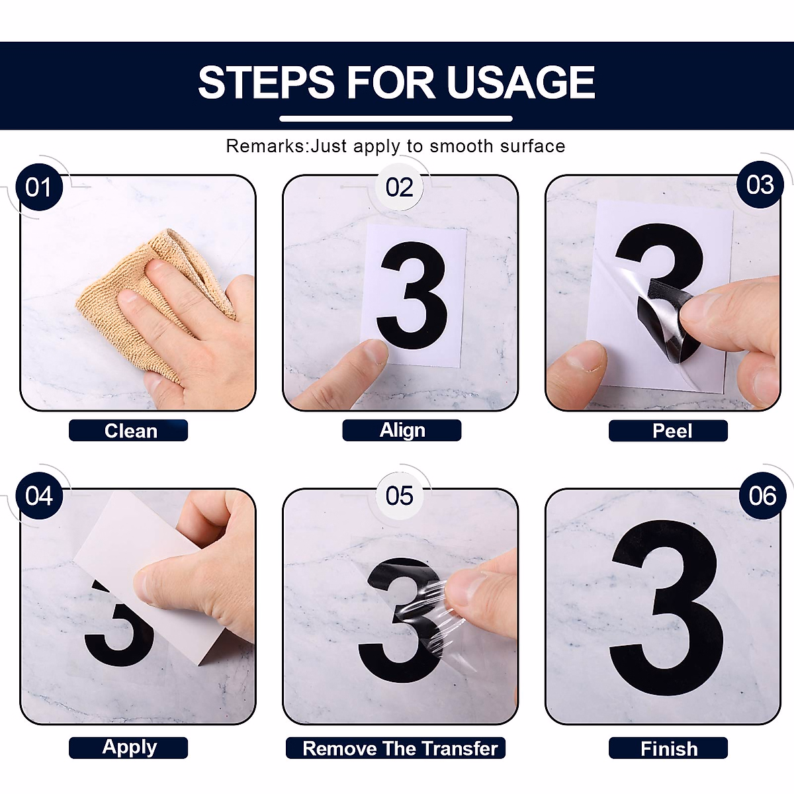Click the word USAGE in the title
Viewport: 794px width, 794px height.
(521, 83)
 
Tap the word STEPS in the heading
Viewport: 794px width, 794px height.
(266, 83)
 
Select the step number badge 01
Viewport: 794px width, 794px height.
(39, 187)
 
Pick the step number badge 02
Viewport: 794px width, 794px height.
(399, 187)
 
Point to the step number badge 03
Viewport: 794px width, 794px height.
(760, 185)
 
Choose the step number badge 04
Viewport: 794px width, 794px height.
(39, 496)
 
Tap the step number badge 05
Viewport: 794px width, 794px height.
(399, 496)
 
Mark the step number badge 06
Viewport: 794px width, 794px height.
(762, 496)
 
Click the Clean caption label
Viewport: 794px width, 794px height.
(128, 431)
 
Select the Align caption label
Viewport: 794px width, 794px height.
(402, 431)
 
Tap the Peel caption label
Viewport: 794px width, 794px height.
(668, 431)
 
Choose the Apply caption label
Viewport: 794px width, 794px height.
(128, 748)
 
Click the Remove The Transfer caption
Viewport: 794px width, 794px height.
(396, 748)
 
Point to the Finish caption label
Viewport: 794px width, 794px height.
(668, 748)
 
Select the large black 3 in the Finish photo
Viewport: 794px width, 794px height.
(667, 608)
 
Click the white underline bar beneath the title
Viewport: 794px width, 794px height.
(396, 118)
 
